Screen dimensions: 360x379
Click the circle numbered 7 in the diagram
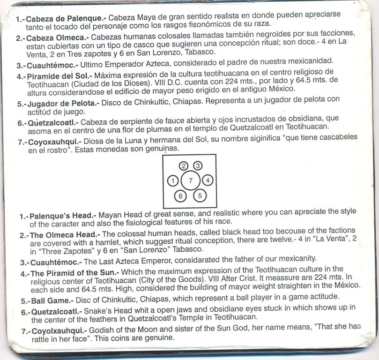coord(190,180)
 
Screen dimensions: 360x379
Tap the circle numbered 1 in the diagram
coord(174,180)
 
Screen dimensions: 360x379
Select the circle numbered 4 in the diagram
coord(208,180)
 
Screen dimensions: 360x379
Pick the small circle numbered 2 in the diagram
coord(184,165)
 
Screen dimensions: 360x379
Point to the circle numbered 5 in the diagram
coord(200,195)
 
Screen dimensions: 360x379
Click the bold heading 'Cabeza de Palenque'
coord(57,20)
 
